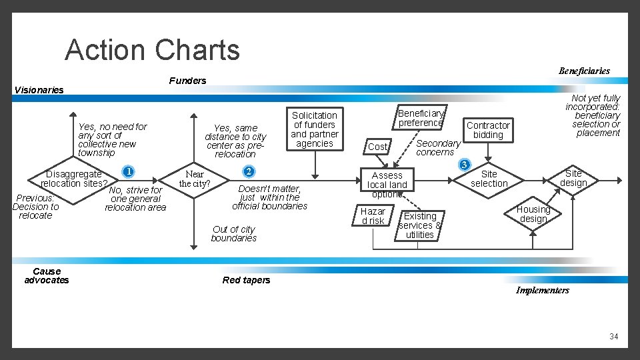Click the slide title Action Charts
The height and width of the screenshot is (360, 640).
pyautogui.click(x=152, y=50)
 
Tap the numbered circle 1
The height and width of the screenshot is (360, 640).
pyautogui.click(x=128, y=171)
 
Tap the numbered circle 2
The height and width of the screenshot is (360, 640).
pyautogui.click(x=248, y=171)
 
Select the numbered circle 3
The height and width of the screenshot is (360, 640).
pyautogui.click(x=465, y=164)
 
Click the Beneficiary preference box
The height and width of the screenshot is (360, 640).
pyautogui.click(x=421, y=118)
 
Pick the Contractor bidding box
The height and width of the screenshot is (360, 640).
pyautogui.click(x=488, y=130)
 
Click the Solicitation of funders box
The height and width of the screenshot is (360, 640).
pyautogui.click(x=315, y=129)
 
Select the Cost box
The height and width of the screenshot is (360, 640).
pyautogui.click(x=377, y=147)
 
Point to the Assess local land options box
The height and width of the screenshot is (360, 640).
pyautogui.click(x=387, y=185)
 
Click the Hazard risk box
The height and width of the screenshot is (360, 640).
pyautogui.click(x=373, y=216)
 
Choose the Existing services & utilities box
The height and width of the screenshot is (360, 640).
pyautogui.click(x=420, y=225)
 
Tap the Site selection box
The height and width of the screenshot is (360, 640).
pyautogui.click(x=489, y=179)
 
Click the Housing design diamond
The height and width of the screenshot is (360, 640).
pyautogui.click(x=533, y=214)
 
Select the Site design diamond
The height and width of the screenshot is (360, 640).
pyautogui.click(x=573, y=178)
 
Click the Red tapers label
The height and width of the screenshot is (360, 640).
pyautogui.click(x=246, y=280)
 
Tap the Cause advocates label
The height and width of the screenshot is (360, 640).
pyautogui.click(x=47, y=275)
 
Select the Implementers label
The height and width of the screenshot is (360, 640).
pyautogui.click(x=542, y=291)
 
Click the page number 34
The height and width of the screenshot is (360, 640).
pyautogui.click(x=613, y=337)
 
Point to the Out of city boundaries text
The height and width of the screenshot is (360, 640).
pyautogui.click(x=233, y=234)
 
